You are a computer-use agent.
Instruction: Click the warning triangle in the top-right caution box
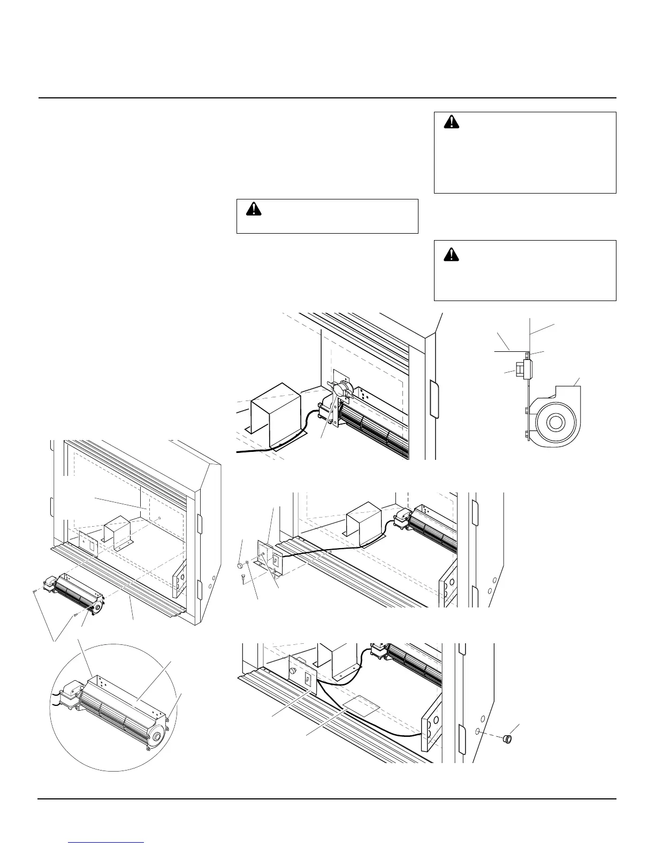(x=453, y=122)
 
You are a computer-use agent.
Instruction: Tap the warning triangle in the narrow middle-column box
(x=254, y=209)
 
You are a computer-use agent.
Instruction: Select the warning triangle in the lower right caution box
(x=453, y=255)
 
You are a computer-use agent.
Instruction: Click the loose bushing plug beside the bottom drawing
(x=506, y=740)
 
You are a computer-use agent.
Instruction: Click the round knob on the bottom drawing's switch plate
(x=293, y=672)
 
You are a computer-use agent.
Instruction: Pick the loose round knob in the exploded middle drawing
(x=240, y=565)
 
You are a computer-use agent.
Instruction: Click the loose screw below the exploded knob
(x=243, y=577)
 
